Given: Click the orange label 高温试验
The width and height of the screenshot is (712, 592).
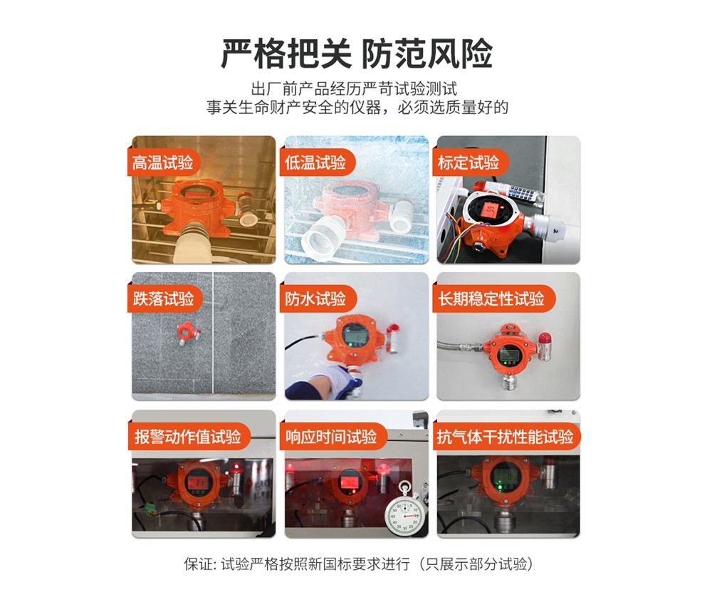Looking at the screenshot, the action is coord(162,162).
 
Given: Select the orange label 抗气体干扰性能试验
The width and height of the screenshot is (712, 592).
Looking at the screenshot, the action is coord(505,437).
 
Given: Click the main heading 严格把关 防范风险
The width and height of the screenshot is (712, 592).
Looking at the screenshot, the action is coord(357,53).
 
